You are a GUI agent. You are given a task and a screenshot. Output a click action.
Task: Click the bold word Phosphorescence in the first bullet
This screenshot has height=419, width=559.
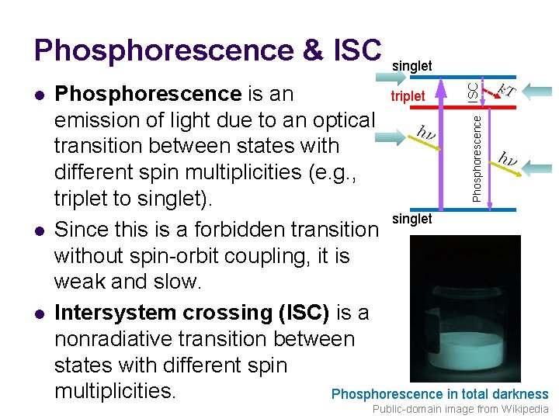pos(148,95)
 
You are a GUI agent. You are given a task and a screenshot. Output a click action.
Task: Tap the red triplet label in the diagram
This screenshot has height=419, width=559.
pos(408,96)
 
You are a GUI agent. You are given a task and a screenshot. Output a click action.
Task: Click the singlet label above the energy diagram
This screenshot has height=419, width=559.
pos(412,66)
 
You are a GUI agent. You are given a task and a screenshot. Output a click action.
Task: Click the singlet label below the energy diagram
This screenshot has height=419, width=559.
pos(412,219)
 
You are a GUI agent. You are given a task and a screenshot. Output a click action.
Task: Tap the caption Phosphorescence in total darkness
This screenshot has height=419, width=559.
pos(439,394)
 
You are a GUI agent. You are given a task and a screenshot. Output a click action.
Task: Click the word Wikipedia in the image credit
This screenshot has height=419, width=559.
pos(523,409)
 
